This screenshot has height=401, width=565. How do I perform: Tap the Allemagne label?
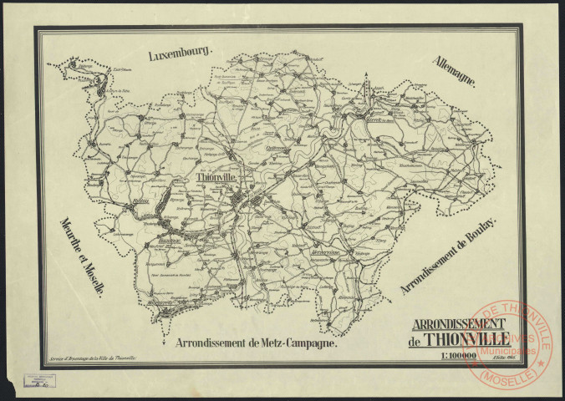point(454,72)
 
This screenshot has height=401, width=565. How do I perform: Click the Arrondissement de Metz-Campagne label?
point(257,343)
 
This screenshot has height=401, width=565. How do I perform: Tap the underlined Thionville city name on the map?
point(216,178)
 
